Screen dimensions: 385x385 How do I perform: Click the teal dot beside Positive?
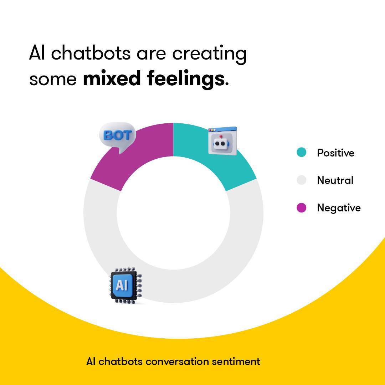click(301, 153)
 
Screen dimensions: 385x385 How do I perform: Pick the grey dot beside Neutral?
click(301, 180)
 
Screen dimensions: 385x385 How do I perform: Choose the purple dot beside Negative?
click(301, 207)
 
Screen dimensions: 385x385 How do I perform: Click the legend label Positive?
click(336, 153)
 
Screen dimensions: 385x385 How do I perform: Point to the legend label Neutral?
click(335, 180)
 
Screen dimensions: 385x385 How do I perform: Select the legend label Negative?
click(339, 208)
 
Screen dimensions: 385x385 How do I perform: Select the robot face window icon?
click(222, 141)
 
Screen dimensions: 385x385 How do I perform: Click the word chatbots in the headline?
click(91, 53)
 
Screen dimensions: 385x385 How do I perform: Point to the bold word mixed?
click(112, 78)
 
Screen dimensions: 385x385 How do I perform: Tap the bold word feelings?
click(186, 79)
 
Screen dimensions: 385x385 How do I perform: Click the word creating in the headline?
click(210, 54)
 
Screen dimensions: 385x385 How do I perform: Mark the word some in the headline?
click(53, 79)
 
